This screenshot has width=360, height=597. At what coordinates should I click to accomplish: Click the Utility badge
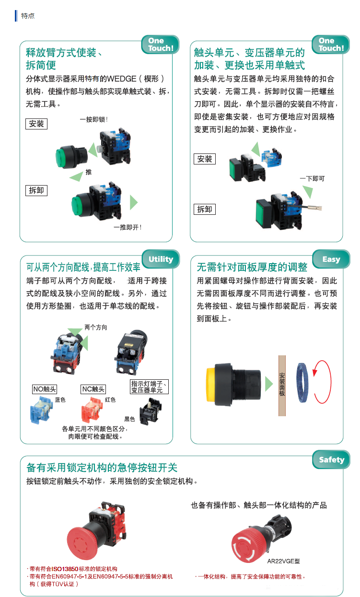pyautogui.click(x=161, y=259)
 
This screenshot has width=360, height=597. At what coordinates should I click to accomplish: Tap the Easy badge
pyautogui.click(x=331, y=259)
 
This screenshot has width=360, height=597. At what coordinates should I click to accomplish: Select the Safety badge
pyautogui.click(x=331, y=459)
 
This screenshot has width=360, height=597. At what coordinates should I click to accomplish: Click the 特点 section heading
pyautogui.click(x=28, y=16)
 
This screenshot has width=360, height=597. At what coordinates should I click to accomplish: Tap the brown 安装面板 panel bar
pyautogui.click(x=282, y=386)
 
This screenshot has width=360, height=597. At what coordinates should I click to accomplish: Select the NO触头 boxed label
pyautogui.click(x=45, y=389)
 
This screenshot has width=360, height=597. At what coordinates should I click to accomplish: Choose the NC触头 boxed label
pyautogui.click(x=93, y=389)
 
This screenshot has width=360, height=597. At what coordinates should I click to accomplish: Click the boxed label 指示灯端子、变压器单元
pyautogui.click(x=149, y=386)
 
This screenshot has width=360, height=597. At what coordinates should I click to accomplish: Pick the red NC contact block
pyautogui.click(x=92, y=410)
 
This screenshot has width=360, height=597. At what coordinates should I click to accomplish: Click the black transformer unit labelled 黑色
pyautogui.click(x=151, y=411)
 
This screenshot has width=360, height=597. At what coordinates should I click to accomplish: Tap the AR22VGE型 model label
pyautogui.click(x=283, y=562)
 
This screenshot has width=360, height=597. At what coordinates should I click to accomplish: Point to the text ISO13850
pyautogui.click(x=65, y=569)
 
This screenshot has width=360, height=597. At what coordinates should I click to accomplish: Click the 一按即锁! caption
pyautogui.click(x=94, y=119)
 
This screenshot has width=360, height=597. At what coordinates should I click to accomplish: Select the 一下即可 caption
pyautogui.click(x=312, y=178)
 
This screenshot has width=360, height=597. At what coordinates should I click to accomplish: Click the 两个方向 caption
pyautogui.click(x=96, y=328)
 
